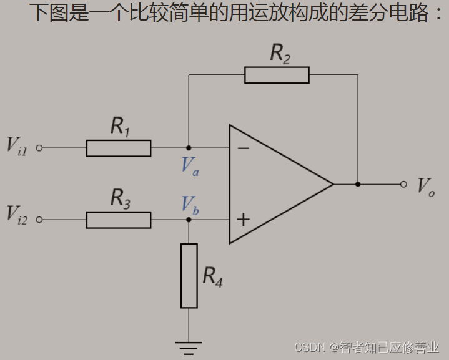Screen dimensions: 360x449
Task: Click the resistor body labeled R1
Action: [x=119, y=148]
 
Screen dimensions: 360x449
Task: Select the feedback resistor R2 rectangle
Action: [x=277, y=75]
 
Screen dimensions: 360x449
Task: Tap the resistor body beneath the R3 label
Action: [x=119, y=220]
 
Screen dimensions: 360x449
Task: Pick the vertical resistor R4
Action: [x=189, y=276]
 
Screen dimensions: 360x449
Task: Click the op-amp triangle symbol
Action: [x=275, y=184]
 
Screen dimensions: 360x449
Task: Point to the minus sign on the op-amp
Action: [x=244, y=148]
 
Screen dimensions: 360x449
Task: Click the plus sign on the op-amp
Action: [x=244, y=220]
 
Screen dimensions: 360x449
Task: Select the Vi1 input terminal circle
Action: [x=39, y=148]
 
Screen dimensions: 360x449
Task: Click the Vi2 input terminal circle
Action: [x=39, y=220]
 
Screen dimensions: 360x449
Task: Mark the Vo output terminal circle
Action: [x=403, y=184]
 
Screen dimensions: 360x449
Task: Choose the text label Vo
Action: [x=427, y=185]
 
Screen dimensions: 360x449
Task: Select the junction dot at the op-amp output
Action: [x=358, y=184]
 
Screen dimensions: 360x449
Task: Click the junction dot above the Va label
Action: [x=189, y=148]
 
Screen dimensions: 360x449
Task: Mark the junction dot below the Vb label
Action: [x=189, y=220]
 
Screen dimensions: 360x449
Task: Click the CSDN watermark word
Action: [x=311, y=346]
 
